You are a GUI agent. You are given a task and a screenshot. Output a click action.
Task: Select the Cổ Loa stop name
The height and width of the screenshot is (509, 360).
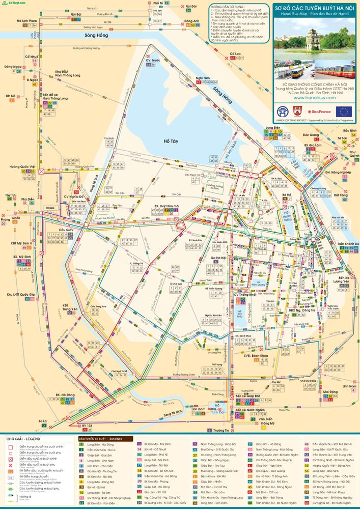(x=235, y=53)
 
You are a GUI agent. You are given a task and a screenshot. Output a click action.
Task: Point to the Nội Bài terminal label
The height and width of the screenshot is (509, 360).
(x=76, y=14)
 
